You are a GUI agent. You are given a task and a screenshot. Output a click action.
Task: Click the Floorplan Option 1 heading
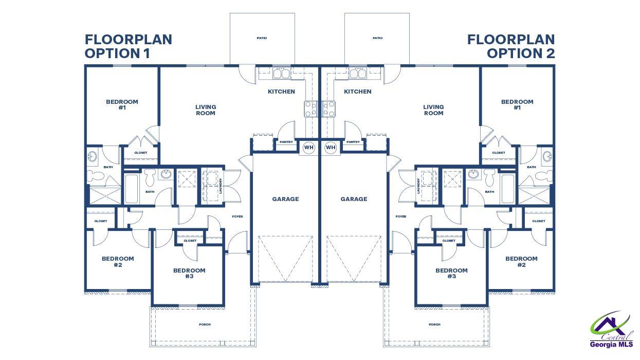point(128,46)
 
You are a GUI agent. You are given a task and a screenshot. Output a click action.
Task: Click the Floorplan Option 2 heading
point(511,46)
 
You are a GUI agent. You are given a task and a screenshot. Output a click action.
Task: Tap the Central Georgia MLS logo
point(611,332)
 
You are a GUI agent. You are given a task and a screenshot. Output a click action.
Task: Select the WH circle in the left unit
point(308,148)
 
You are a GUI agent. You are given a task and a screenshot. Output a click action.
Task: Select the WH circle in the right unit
point(331,148)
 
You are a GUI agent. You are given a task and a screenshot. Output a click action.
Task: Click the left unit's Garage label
point(285,199)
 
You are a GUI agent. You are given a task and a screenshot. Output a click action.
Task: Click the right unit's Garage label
point(354,199)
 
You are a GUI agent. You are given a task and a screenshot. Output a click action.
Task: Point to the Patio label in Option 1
point(262,38)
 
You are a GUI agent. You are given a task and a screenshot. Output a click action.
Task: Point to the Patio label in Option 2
point(377,38)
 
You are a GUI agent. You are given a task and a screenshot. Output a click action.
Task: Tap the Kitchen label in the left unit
point(281,92)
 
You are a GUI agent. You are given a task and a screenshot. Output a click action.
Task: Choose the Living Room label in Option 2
point(433,110)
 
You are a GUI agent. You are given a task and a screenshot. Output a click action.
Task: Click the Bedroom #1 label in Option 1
point(122,104)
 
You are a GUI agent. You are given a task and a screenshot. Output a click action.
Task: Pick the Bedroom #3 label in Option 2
point(451,273)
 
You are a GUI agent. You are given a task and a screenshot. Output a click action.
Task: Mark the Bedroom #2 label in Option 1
point(118,262)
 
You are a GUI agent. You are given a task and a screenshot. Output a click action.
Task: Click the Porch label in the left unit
point(205,325)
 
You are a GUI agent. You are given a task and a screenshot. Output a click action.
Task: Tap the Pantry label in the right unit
point(353,142)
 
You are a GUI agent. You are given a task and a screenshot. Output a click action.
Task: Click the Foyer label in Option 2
point(401,217)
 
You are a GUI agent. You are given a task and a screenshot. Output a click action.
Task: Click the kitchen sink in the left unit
point(281,74)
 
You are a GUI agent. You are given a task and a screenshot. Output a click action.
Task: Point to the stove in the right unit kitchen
point(330,109)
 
